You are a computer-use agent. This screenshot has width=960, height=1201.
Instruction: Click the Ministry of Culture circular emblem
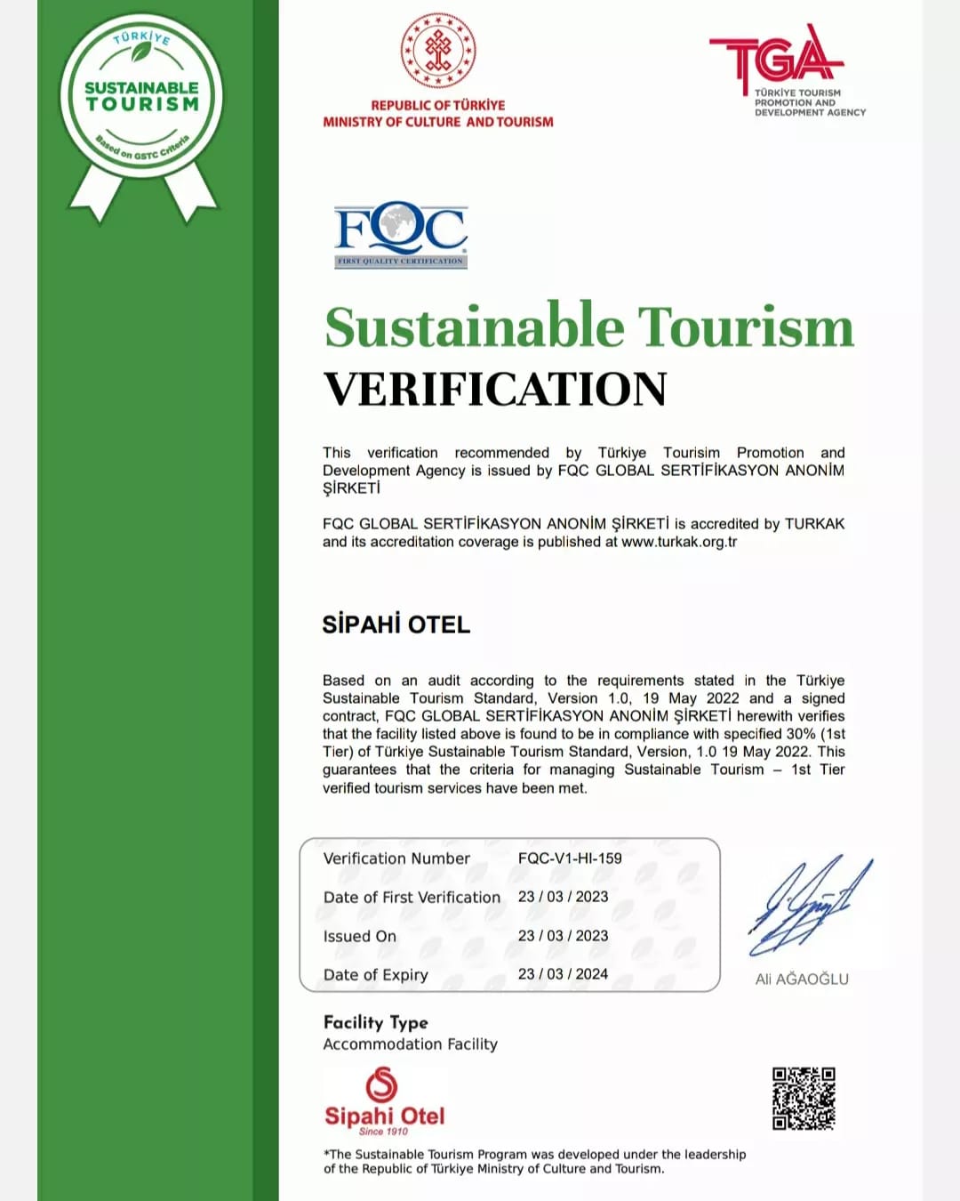(x=438, y=51)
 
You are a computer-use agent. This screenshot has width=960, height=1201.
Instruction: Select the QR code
(x=804, y=1099)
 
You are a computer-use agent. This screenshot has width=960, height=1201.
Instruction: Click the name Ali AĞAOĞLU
(x=802, y=979)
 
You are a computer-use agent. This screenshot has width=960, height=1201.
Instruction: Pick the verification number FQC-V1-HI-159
(x=570, y=858)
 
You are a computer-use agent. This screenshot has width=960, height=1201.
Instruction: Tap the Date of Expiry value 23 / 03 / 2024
(x=563, y=974)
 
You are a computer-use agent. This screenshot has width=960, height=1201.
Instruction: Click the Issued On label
(x=360, y=936)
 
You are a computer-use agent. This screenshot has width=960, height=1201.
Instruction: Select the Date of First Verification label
(x=412, y=898)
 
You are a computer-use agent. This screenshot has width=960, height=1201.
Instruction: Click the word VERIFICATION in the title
(x=495, y=389)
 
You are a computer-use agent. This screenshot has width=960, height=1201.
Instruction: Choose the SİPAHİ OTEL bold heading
(x=396, y=625)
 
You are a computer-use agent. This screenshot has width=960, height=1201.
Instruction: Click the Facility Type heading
(x=375, y=1022)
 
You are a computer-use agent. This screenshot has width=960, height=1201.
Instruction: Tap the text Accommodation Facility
(x=410, y=1044)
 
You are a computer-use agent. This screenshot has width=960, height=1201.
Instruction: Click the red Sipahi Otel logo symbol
(x=382, y=1084)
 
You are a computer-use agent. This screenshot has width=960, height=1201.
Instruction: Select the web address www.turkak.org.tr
(x=679, y=542)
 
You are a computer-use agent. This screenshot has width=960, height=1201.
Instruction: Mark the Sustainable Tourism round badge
(x=142, y=98)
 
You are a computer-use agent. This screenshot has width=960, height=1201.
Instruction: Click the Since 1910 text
(x=383, y=1132)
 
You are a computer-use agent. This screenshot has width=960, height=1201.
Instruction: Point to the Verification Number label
(x=396, y=858)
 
